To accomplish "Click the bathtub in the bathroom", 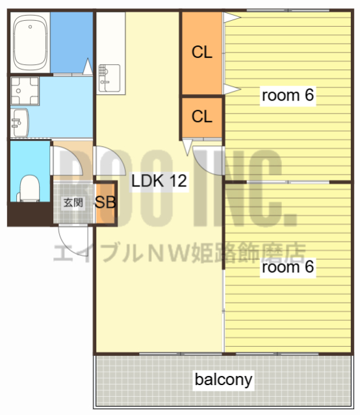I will pos(30,44).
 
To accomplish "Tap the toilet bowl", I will pos(29,188).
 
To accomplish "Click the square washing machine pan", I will pos(24,92).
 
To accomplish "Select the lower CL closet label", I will pos(201,117).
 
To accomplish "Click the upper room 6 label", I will pos(287,95).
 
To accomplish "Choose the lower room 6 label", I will pos(287,267).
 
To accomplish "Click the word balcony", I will pos(224,379).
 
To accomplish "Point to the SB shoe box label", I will pos(105,202).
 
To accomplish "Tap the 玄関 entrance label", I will pos(73,202).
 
